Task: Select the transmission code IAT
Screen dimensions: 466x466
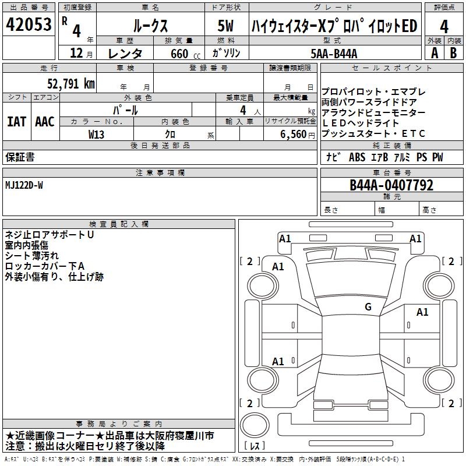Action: point(16,122)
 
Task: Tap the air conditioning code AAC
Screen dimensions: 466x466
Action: point(44,122)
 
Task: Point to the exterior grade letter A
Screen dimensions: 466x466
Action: point(434,53)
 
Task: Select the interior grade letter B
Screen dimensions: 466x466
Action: point(453,53)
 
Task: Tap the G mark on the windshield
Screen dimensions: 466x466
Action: point(368,307)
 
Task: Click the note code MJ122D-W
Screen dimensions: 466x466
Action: point(24,185)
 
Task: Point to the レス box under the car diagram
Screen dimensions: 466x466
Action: point(255,447)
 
